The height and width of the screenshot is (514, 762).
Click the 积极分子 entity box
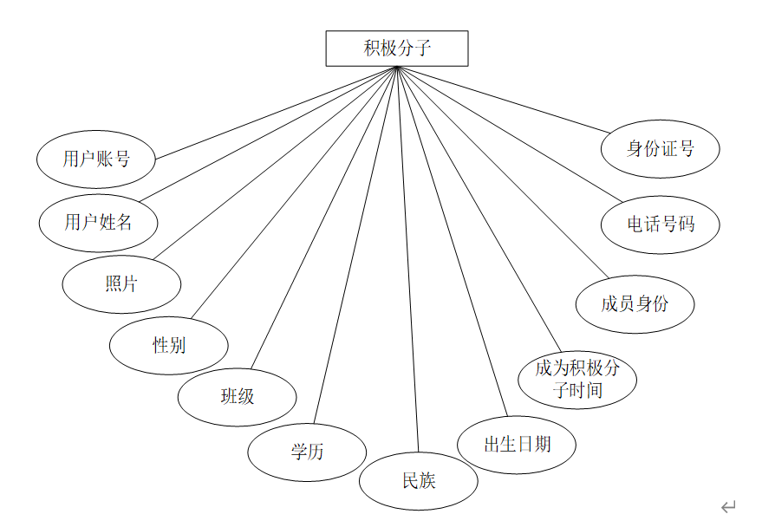pyautogui.click(x=396, y=49)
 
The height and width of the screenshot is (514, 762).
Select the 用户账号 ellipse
pyautogui.click(x=96, y=159)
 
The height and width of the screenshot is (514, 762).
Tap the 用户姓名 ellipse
pyautogui.click(x=98, y=222)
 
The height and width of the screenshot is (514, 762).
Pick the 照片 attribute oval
pyautogui.click(x=121, y=283)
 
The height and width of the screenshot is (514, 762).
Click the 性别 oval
pyautogui.click(x=168, y=345)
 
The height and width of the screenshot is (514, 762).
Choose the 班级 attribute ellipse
pyautogui.click(x=237, y=397)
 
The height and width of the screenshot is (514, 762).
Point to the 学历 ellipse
pyautogui.click(x=307, y=452)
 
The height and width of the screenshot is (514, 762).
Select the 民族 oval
pyautogui.click(x=419, y=480)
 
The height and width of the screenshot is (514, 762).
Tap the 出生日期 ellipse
pyautogui.click(x=517, y=445)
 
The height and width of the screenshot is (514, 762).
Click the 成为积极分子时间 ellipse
pyautogui.click(x=577, y=380)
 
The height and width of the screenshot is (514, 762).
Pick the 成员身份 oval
pyautogui.click(x=635, y=303)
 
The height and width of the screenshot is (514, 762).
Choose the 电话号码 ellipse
pyautogui.click(x=661, y=224)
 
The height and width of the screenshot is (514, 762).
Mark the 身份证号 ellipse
pyautogui.click(x=661, y=148)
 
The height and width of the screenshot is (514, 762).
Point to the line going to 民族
pyautogui.click(x=407, y=260)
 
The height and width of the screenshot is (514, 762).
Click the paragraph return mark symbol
pyautogui.click(x=728, y=505)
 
